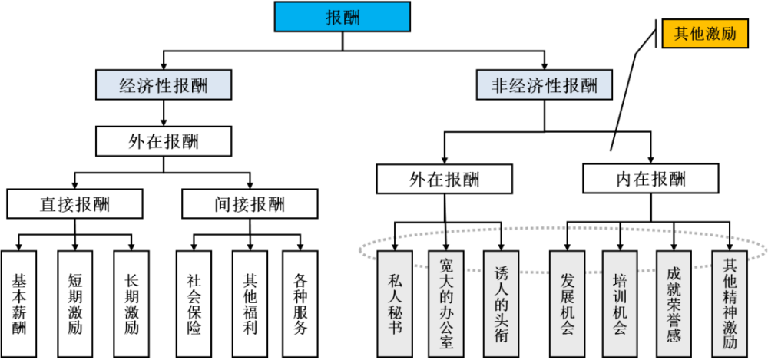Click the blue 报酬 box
342,17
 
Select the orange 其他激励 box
705,34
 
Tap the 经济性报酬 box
164,84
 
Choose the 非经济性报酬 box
545,84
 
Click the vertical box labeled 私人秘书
395,304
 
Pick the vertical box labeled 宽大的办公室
446,304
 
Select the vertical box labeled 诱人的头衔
501,304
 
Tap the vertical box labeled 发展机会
568,304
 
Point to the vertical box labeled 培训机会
620,304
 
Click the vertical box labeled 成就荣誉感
674,304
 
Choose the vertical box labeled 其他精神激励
730,304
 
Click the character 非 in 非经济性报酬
500,85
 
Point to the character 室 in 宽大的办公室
446,341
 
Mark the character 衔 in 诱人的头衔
501,336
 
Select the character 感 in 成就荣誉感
674,336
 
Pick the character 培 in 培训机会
620,278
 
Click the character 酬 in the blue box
352,18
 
